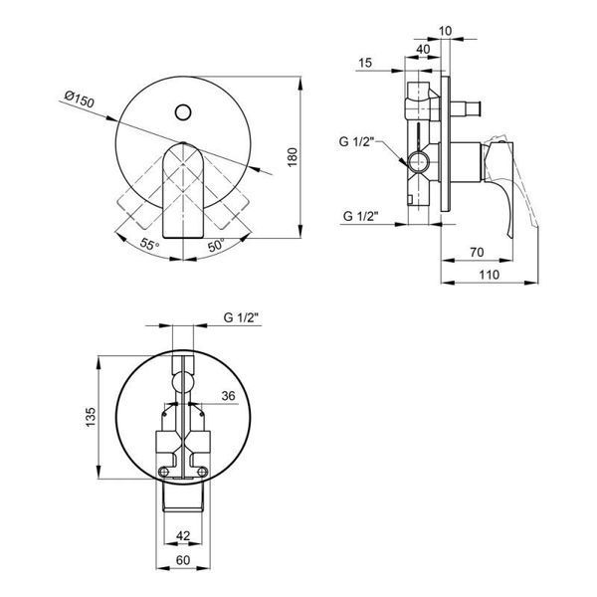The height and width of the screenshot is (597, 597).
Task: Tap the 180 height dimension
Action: click(292, 157)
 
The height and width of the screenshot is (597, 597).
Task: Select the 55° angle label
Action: click(149, 244)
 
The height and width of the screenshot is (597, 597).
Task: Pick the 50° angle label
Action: click(216, 245)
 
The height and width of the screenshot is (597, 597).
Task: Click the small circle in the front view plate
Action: click(183, 112)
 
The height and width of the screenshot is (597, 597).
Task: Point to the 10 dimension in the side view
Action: click(445, 31)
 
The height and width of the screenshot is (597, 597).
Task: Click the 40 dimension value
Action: click(423, 49)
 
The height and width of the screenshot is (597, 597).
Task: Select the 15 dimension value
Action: click(365, 63)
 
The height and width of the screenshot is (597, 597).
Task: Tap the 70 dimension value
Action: click(477, 252)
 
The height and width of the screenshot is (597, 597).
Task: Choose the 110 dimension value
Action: click(489, 275)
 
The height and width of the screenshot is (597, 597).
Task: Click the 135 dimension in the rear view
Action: click(91, 417)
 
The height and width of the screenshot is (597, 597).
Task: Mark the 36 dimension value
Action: click(229, 396)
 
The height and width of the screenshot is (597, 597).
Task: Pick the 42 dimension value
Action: click(183, 535)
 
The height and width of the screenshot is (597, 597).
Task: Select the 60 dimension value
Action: click(183, 560)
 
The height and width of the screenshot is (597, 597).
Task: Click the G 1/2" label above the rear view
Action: click(242, 317)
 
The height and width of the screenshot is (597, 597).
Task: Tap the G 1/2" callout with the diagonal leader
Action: click(357, 141)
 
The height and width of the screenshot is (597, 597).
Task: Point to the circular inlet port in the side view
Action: click(419, 162)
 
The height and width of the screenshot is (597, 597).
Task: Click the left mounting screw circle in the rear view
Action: click(164, 472)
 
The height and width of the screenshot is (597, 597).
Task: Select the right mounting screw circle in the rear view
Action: click(202, 472)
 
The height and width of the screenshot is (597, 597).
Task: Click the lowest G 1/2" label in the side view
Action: click(360, 216)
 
